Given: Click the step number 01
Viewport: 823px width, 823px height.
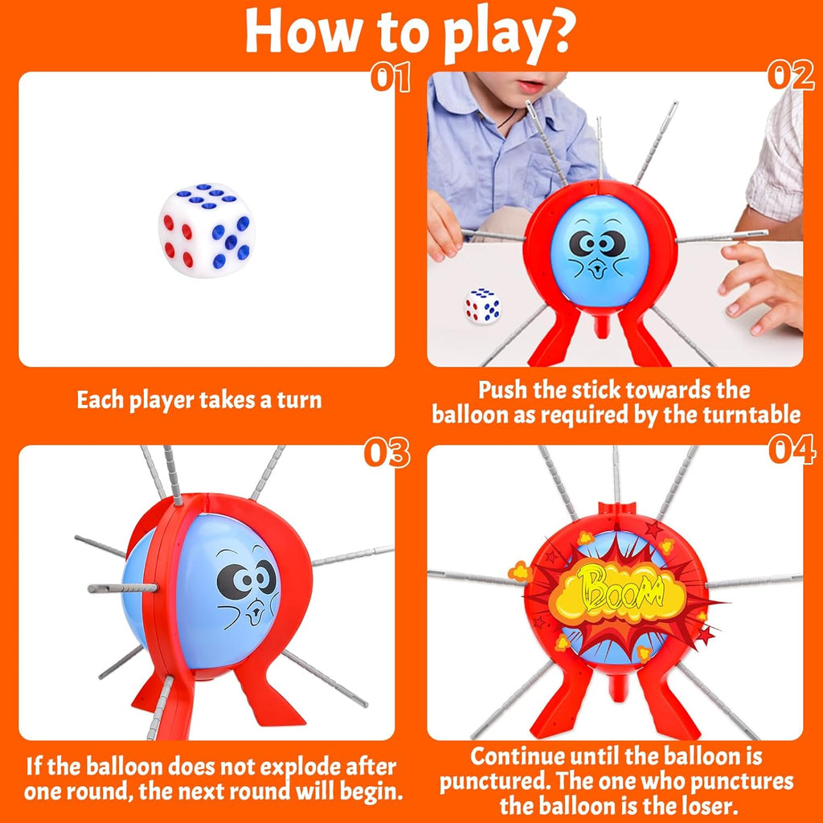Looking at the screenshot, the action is tap(390, 78).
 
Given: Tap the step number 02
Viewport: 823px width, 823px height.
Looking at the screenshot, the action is tap(791, 76).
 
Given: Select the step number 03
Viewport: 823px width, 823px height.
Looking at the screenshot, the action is tap(387, 452).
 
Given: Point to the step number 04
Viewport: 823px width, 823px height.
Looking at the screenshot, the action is tap(792, 450).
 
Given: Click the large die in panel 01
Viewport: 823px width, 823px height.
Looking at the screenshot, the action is tap(207, 230).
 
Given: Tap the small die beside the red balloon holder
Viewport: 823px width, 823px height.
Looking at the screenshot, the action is tap(482, 305).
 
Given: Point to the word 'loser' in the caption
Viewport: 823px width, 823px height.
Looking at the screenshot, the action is tap(714, 805).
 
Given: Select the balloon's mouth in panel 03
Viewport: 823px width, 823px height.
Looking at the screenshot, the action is tap(256, 612).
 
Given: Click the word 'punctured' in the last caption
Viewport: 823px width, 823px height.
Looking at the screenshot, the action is tap(493, 781).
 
